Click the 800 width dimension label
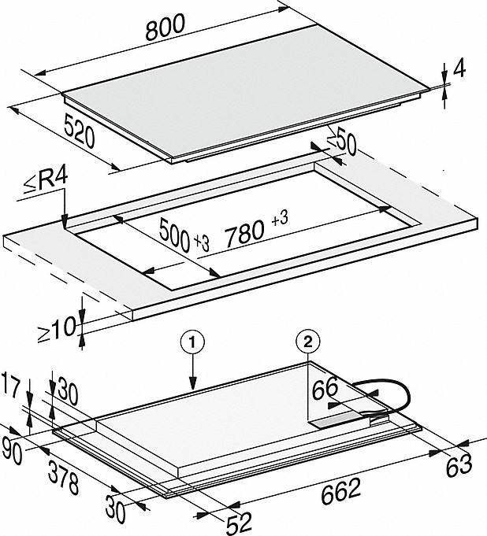click(x=165, y=27)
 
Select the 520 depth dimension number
click(x=80, y=131)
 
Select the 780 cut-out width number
click(x=245, y=233)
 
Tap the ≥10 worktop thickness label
click(x=57, y=329)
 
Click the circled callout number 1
click(x=193, y=342)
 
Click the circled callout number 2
click(x=308, y=342)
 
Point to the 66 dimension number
click(x=325, y=389)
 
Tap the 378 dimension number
click(x=64, y=477)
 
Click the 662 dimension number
click(x=341, y=492)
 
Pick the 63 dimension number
click(x=459, y=465)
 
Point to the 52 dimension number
click(x=239, y=523)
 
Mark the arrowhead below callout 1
click(x=193, y=383)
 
